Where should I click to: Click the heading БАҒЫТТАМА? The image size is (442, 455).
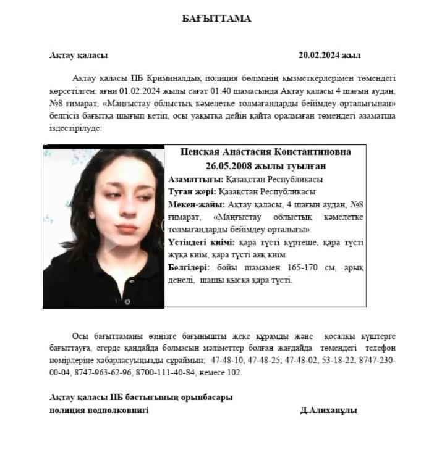click(x=216, y=19)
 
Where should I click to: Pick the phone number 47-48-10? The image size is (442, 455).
click(x=226, y=360)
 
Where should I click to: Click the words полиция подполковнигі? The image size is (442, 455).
click(x=99, y=410)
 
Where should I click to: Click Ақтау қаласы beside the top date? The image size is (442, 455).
click(x=79, y=55)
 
